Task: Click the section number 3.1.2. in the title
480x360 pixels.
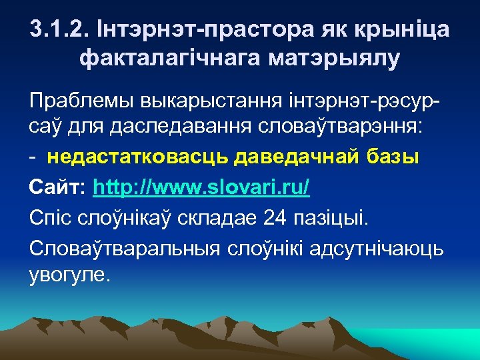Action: (x=61, y=30)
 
